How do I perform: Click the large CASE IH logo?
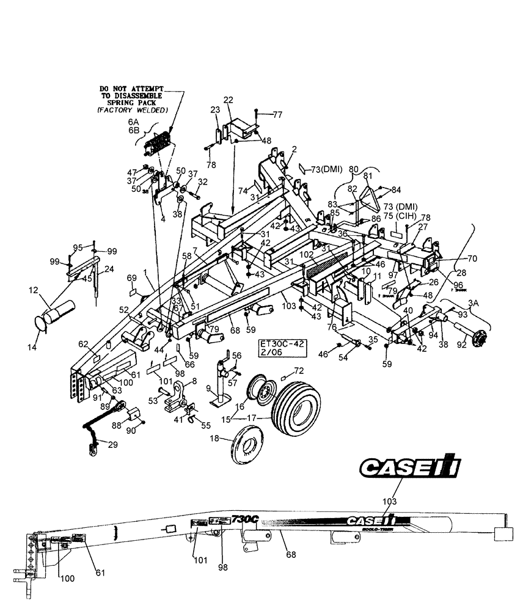pos(410,468)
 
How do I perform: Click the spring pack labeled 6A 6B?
pos(157,146)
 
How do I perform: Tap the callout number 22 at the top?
pos(228,100)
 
